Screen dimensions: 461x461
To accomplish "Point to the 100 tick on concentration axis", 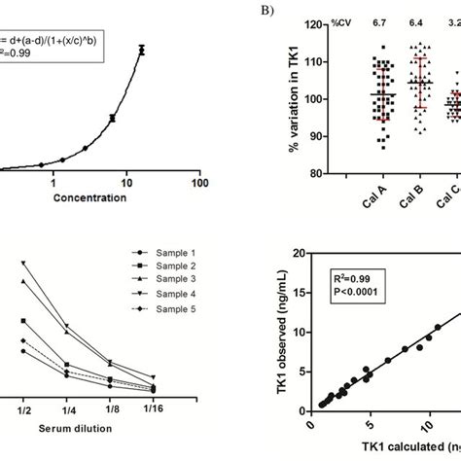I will [x=198, y=180].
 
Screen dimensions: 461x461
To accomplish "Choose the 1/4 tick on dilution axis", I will [x=66, y=410].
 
